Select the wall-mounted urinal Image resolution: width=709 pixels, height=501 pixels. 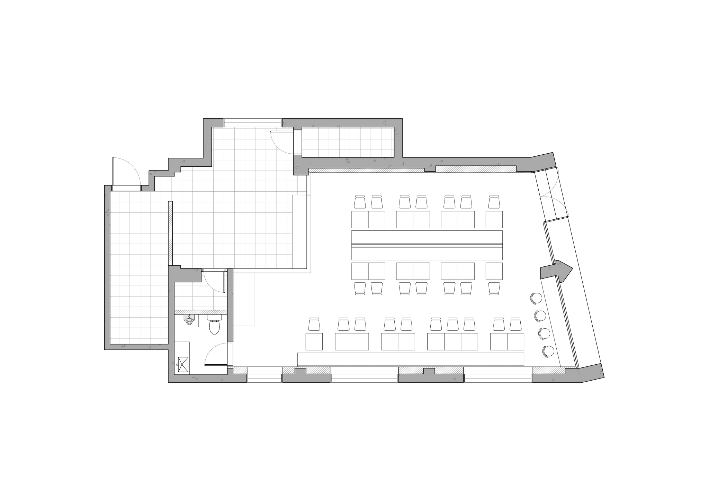point(189,320)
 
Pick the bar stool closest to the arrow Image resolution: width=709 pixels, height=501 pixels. point(536,298)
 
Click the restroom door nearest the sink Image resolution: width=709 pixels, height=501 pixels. point(215,354)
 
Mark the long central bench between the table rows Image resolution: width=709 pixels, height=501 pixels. point(427,245)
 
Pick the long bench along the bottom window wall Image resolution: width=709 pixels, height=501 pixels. point(411,359)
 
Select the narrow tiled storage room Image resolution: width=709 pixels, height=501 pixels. point(348,142)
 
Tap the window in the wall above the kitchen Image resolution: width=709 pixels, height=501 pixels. point(252,122)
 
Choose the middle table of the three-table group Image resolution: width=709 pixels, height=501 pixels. point(452,341)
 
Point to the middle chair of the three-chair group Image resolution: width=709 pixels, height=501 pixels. point(452,324)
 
